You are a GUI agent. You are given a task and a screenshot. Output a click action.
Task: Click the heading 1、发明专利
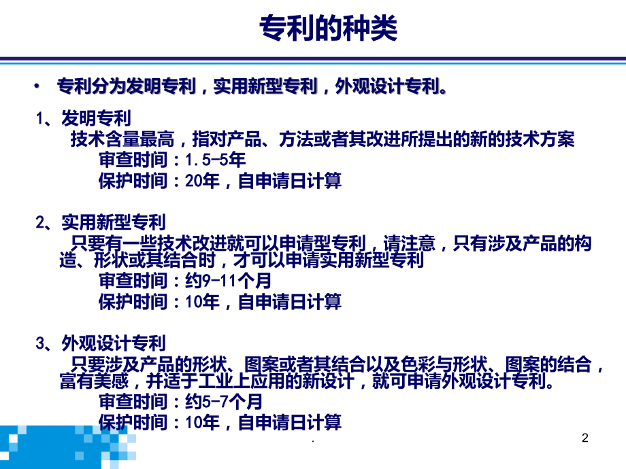(x=84, y=120)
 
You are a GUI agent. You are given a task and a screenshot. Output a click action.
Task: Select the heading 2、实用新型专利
(x=100, y=222)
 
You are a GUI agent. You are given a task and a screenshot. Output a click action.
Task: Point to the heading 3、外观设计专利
(x=100, y=343)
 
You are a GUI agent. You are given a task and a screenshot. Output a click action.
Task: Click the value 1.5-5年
(x=215, y=160)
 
